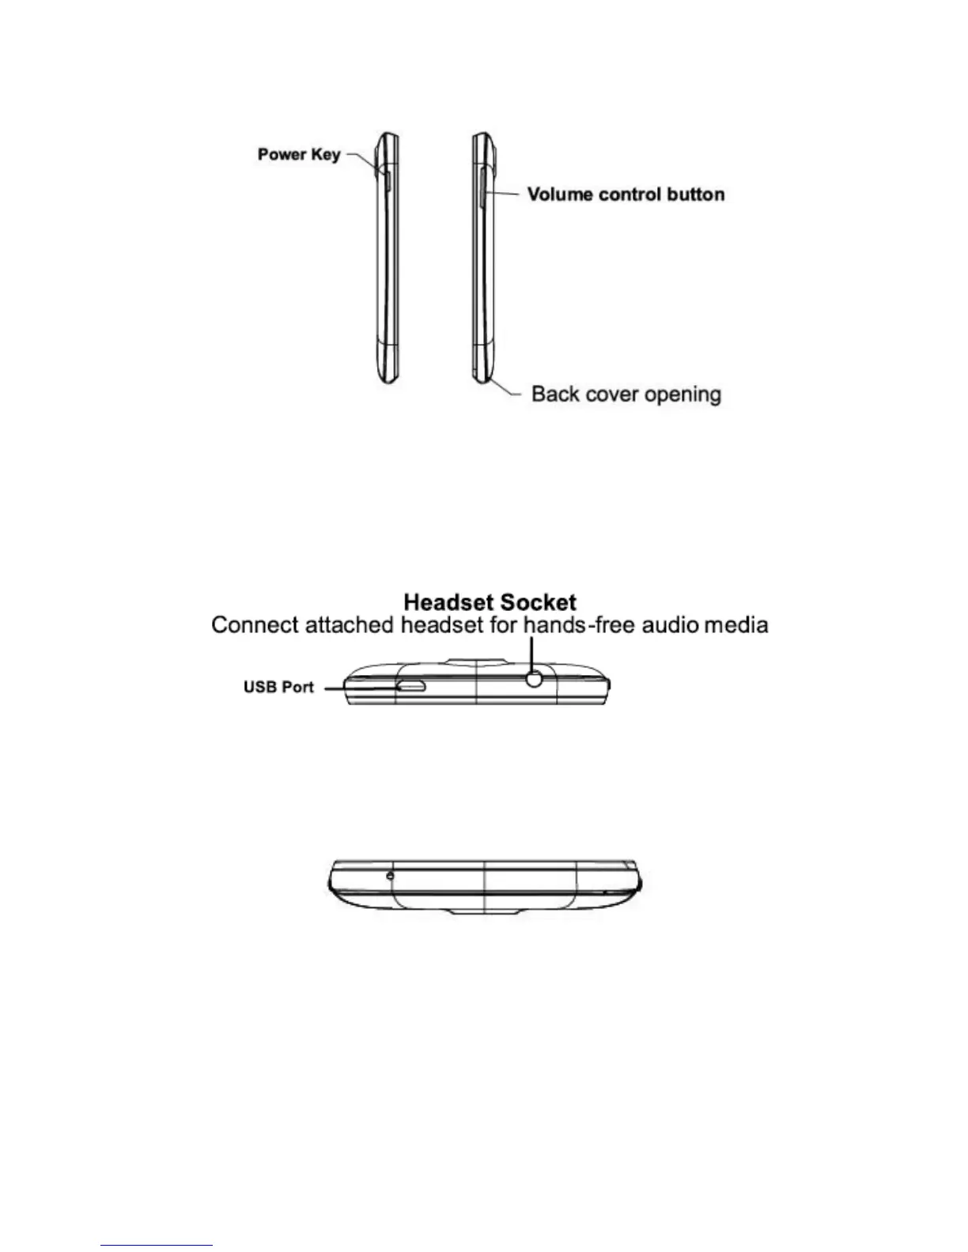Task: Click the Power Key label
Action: click(299, 154)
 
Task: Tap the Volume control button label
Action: click(626, 194)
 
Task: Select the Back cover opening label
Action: click(626, 394)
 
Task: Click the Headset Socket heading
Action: click(490, 603)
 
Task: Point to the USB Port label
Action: click(278, 687)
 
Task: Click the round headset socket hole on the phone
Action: click(535, 678)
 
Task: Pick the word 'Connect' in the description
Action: click(255, 625)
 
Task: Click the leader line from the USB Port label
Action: click(360, 688)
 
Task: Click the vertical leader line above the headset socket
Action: click(533, 653)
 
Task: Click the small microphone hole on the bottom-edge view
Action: click(390, 875)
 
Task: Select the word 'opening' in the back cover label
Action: click(683, 394)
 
